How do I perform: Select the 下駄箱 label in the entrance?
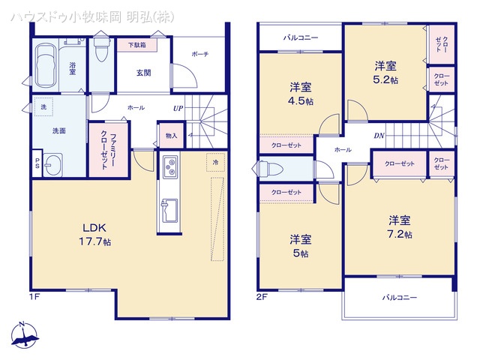[x=136, y=45]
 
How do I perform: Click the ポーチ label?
[x=199, y=53]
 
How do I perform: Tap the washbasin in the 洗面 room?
[x=52, y=165]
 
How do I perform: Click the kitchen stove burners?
[x=169, y=165]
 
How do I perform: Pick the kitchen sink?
[x=169, y=207]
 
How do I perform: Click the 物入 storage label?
[x=171, y=136]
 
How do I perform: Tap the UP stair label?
[x=178, y=109]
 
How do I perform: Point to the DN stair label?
[x=379, y=136]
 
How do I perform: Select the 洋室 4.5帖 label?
[x=301, y=92]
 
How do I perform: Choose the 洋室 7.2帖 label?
[x=399, y=226]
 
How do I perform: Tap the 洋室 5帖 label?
[x=301, y=245]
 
